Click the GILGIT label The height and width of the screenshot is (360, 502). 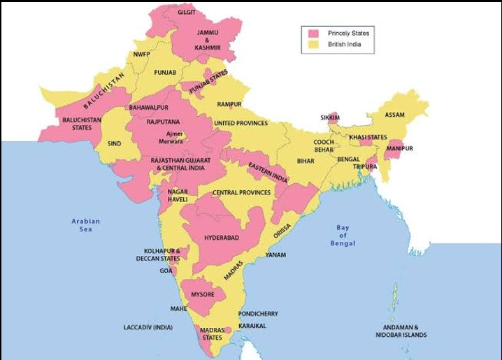(x=187, y=13)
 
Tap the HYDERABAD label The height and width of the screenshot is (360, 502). (x=222, y=238)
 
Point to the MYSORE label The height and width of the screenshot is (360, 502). (x=202, y=294)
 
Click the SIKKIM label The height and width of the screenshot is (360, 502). (x=330, y=117)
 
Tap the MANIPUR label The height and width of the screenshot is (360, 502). (x=400, y=149)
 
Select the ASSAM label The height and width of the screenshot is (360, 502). (x=394, y=115)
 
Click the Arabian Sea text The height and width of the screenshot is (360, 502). (x=86, y=225)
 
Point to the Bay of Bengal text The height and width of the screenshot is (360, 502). (x=343, y=236)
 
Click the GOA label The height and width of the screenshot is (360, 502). (x=166, y=271)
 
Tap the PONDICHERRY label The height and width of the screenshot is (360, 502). (x=258, y=314)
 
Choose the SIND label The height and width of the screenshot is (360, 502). (x=114, y=143)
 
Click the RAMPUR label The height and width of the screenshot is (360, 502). (x=229, y=104)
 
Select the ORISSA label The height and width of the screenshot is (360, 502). (x=282, y=232)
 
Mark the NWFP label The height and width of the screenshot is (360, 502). (x=142, y=55)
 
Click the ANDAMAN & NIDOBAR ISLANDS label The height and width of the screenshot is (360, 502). (x=405, y=331)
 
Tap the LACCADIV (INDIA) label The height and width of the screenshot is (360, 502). (x=148, y=327)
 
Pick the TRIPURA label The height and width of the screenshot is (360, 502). (x=365, y=167)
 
